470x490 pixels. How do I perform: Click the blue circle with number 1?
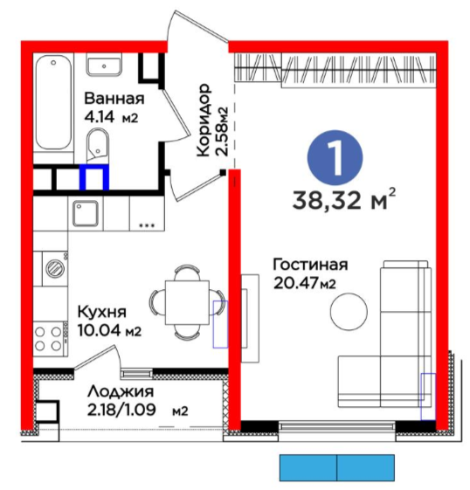pos(335,157)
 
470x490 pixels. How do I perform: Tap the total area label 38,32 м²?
pos(344,199)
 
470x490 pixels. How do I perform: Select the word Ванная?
pos(114,99)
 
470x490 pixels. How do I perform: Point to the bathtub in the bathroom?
pos(53,102)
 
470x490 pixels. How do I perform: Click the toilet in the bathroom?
pos(97,146)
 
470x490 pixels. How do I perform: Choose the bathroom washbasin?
pos(104,66)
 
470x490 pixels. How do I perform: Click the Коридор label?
pos(204,120)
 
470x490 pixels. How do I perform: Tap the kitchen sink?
pos(86,213)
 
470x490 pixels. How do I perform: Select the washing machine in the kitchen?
pos(55,268)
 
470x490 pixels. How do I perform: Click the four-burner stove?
pos(50,339)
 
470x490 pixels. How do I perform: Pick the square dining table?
pos(187,302)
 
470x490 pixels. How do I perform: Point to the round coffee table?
pos(349,311)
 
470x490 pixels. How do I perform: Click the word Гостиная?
pos(310,265)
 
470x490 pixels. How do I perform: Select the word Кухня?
pos(102,312)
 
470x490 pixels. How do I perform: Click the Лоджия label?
pos(121,391)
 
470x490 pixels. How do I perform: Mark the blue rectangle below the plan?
pos(337,467)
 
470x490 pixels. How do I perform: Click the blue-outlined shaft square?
pos(94,177)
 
